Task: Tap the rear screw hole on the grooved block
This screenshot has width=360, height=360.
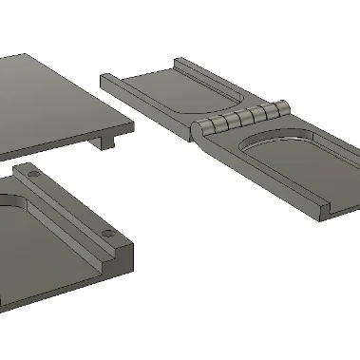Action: [33, 177]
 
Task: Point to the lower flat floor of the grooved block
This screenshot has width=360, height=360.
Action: [47, 256]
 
